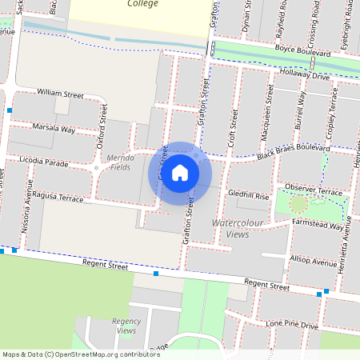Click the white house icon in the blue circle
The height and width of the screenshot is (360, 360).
click(180, 172)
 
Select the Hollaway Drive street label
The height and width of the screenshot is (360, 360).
click(300, 74)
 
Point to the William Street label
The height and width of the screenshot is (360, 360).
click(60, 94)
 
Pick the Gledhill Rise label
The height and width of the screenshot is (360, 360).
click(248, 194)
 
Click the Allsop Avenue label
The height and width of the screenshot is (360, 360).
click(314, 262)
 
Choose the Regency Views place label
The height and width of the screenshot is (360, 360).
click(126, 325)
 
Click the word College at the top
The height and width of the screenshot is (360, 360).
click(141, 4)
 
